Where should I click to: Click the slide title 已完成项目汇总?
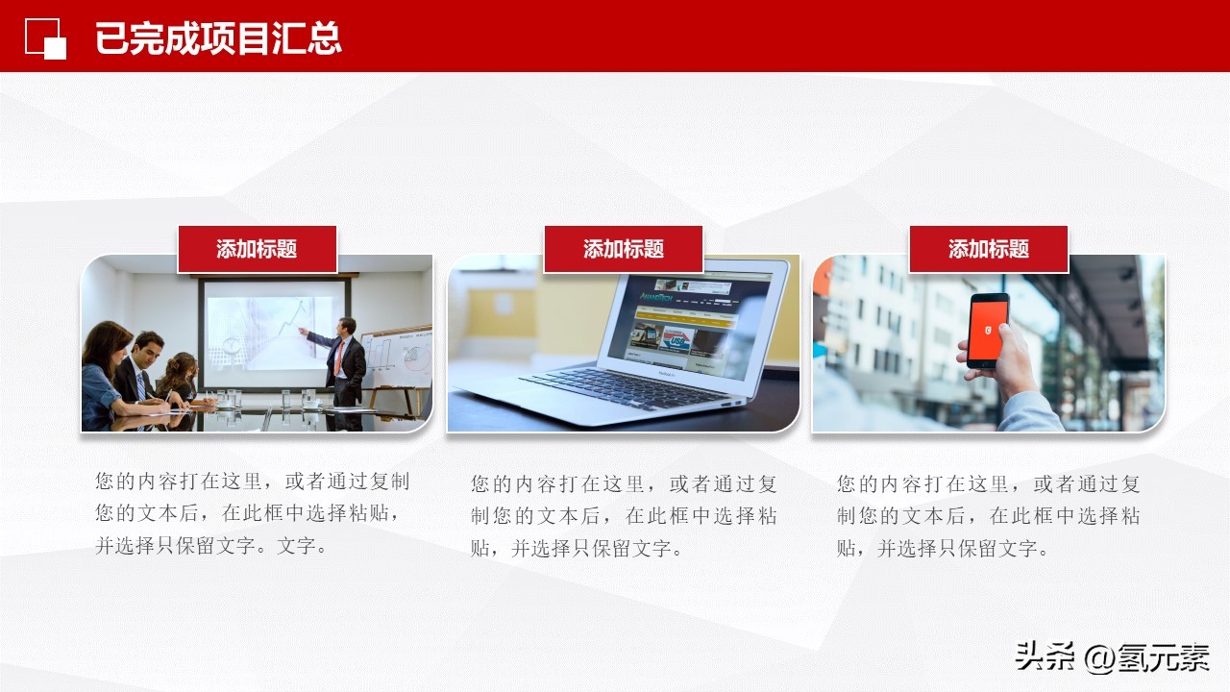(x=218, y=38)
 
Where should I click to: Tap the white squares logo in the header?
(x=45, y=38)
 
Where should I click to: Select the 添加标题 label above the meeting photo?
(x=257, y=249)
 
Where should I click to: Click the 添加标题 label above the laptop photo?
(x=623, y=249)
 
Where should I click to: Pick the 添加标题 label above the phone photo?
(x=988, y=249)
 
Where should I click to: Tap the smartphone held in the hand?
(x=988, y=330)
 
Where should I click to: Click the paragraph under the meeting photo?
(x=252, y=514)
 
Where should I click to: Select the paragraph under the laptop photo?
(x=623, y=516)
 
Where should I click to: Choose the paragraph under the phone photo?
(x=988, y=516)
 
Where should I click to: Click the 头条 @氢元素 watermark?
(x=1111, y=658)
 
